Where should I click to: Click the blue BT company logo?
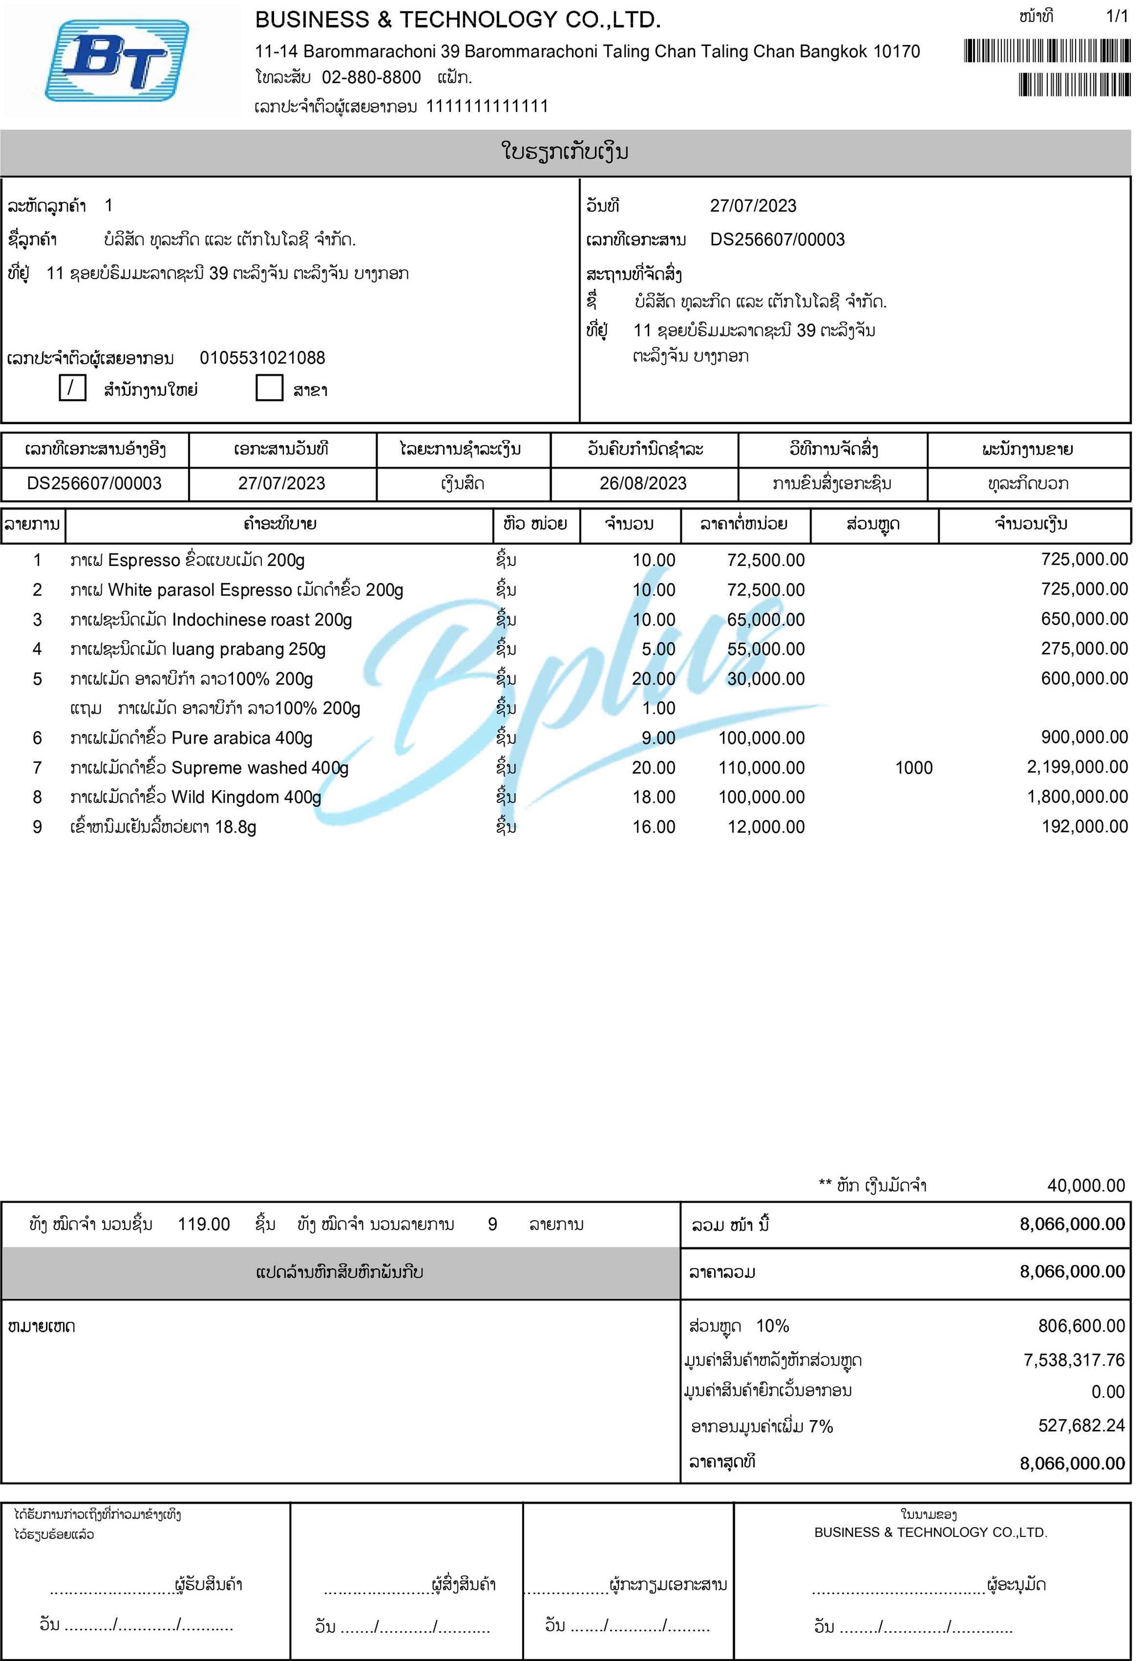coord(117,60)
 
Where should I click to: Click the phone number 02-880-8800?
coord(371,78)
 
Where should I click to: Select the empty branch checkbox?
coord(269,389)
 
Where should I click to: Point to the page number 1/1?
coord(1116,17)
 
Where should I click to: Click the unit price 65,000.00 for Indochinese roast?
coord(766,620)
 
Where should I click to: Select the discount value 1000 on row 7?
coord(914,768)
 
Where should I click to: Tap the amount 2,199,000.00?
coord(1078,767)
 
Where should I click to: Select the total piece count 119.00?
coord(204,1225)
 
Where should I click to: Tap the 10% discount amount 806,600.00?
coord(1082,1326)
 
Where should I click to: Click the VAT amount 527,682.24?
coord(1082,1426)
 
